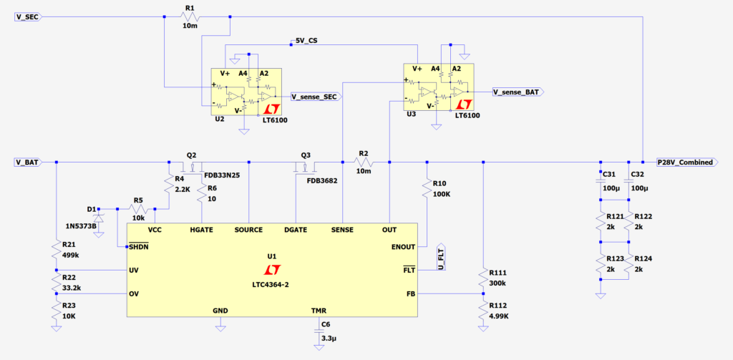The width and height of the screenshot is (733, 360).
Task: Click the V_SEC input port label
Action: pyautogui.click(x=27, y=17)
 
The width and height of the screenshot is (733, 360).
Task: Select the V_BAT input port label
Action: pyautogui.click(x=27, y=162)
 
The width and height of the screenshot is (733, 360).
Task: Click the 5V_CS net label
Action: pyautogui.click(x=306, y=42)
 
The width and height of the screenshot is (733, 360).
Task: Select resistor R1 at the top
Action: pyautogui.click(x=189, y=17)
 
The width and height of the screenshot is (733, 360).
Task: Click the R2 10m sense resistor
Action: pyautogui.click(x=364, y=162)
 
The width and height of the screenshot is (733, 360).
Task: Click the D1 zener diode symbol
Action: pyautogui.click(x=99, y=215)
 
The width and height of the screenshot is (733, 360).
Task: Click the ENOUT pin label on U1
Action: pyautogui.click(x=403, y=246)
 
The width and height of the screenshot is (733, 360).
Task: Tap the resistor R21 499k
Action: pyautogui.click(x=56, y=249)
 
